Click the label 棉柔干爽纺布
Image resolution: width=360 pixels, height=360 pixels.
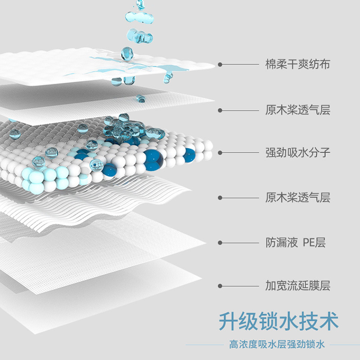pos(297,64)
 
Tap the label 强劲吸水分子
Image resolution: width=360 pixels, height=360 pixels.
pos(297,152)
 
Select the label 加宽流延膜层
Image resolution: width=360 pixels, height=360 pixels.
pos(297,285)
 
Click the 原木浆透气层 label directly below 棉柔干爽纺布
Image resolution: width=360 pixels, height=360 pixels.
pos(297,110)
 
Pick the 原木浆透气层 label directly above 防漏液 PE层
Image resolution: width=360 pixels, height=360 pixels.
pos(297,197)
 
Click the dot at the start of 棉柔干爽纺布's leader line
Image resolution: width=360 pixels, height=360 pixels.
pos(220,64)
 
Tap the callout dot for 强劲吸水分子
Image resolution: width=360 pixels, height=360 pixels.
pos(220,152)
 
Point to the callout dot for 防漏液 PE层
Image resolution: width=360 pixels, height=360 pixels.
pos(220,243)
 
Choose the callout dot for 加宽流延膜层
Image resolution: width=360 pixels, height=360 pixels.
pos(220,285)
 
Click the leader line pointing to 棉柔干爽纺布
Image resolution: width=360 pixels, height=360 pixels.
pos(238,64)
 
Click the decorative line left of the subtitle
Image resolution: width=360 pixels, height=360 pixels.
pos(205,345)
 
